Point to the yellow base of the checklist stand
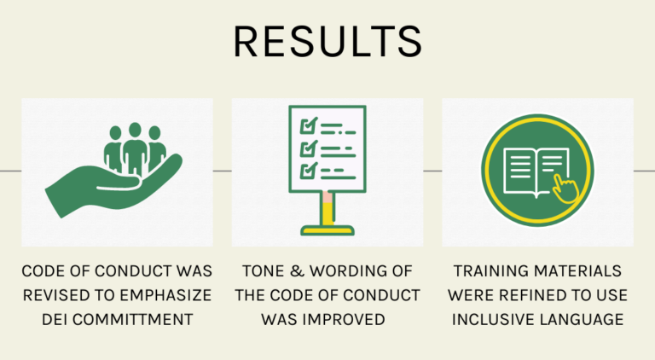(327, 229)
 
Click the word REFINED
(530, 295)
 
